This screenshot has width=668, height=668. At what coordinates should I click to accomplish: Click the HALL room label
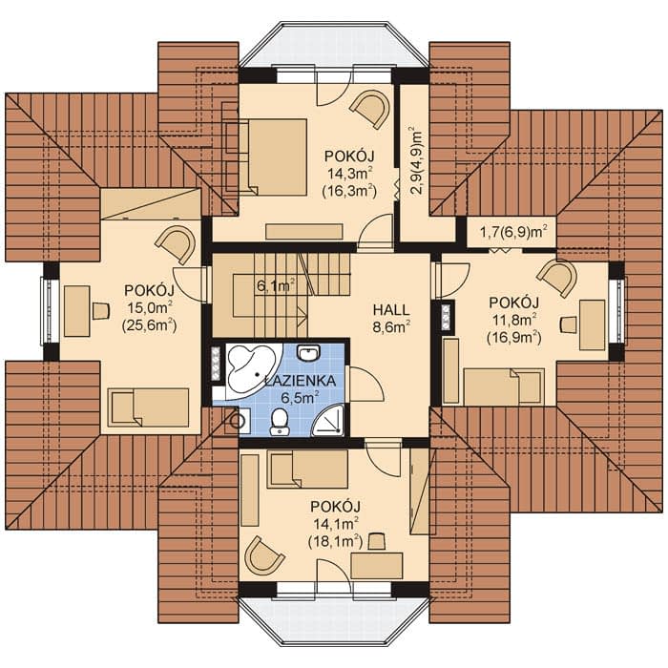[x=391, y=310]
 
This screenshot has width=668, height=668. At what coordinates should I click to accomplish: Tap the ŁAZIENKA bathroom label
[x=301, y=381]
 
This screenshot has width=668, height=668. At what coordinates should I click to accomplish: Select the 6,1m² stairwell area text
[x=276, y=285]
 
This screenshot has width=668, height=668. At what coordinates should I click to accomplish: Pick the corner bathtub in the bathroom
[x=251, y=370]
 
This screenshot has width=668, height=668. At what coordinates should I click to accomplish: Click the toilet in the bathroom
[x=279, y=422]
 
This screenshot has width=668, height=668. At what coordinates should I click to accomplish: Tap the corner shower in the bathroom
[x=329, y=422]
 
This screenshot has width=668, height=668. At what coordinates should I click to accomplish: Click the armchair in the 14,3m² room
[x=370, y=109]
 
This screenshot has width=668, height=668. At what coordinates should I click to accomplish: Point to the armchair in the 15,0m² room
[x=176, y=245]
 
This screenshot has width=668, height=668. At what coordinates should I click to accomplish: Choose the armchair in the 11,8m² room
[x=557, y=278]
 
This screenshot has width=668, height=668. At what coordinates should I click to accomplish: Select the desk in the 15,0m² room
[x=77, y=311]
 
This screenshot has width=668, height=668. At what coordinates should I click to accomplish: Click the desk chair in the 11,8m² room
[x=569, y=324]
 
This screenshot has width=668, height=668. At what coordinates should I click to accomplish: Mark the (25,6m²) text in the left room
[x=149, y=326]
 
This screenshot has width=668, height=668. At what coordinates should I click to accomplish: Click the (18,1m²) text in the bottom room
[x=335, y=541]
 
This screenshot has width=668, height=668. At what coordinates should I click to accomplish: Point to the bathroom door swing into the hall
[x=366, y=384]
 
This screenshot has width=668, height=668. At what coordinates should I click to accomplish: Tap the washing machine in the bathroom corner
[x=239, y=421]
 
